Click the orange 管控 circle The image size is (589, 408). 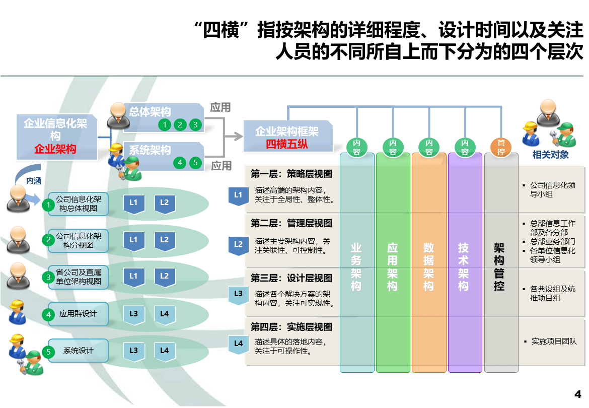coord(501,147)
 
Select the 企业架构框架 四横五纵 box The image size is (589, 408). coord(288,137)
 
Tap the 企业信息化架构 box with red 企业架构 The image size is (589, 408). coord(57,137)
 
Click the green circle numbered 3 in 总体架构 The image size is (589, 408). coord(195,124)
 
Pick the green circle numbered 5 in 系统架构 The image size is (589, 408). coord(195,163)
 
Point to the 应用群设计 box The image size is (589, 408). coord(78,314)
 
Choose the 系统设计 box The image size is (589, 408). coord(78,351)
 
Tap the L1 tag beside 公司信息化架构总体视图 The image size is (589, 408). coord(134,204)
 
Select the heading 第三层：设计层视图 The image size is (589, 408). coord(291,278)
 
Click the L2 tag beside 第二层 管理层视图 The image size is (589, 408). coord(239,246)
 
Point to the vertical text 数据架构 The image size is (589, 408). coord(428,267)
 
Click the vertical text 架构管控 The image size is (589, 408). coord(499,267)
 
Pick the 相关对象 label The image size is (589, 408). coord(550,155)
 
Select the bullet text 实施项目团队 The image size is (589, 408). coord(554,341)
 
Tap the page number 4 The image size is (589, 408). coord(578,394)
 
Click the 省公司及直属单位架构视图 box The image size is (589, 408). coord(78,277)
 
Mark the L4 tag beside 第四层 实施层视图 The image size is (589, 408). coord(239,345)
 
